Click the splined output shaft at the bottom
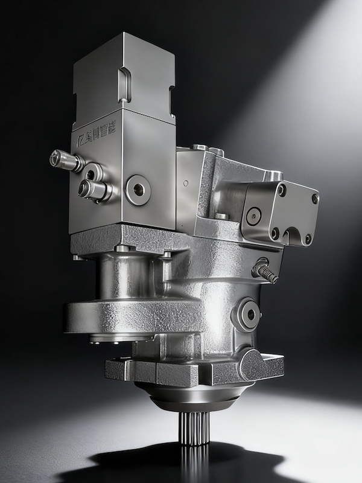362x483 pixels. coord(194,427)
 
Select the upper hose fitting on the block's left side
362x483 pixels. coord(65,160)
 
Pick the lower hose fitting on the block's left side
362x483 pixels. coord(94,190)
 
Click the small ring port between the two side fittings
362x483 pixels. coord(91,174)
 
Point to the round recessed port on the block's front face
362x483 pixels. coord(138,190)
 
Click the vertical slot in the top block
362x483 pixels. coord(125,85)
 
